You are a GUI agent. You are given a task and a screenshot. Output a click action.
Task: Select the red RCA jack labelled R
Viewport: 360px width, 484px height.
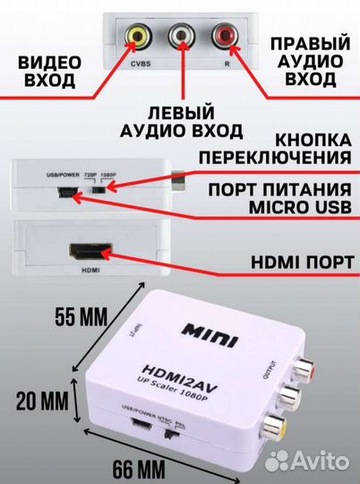pos(222,37)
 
